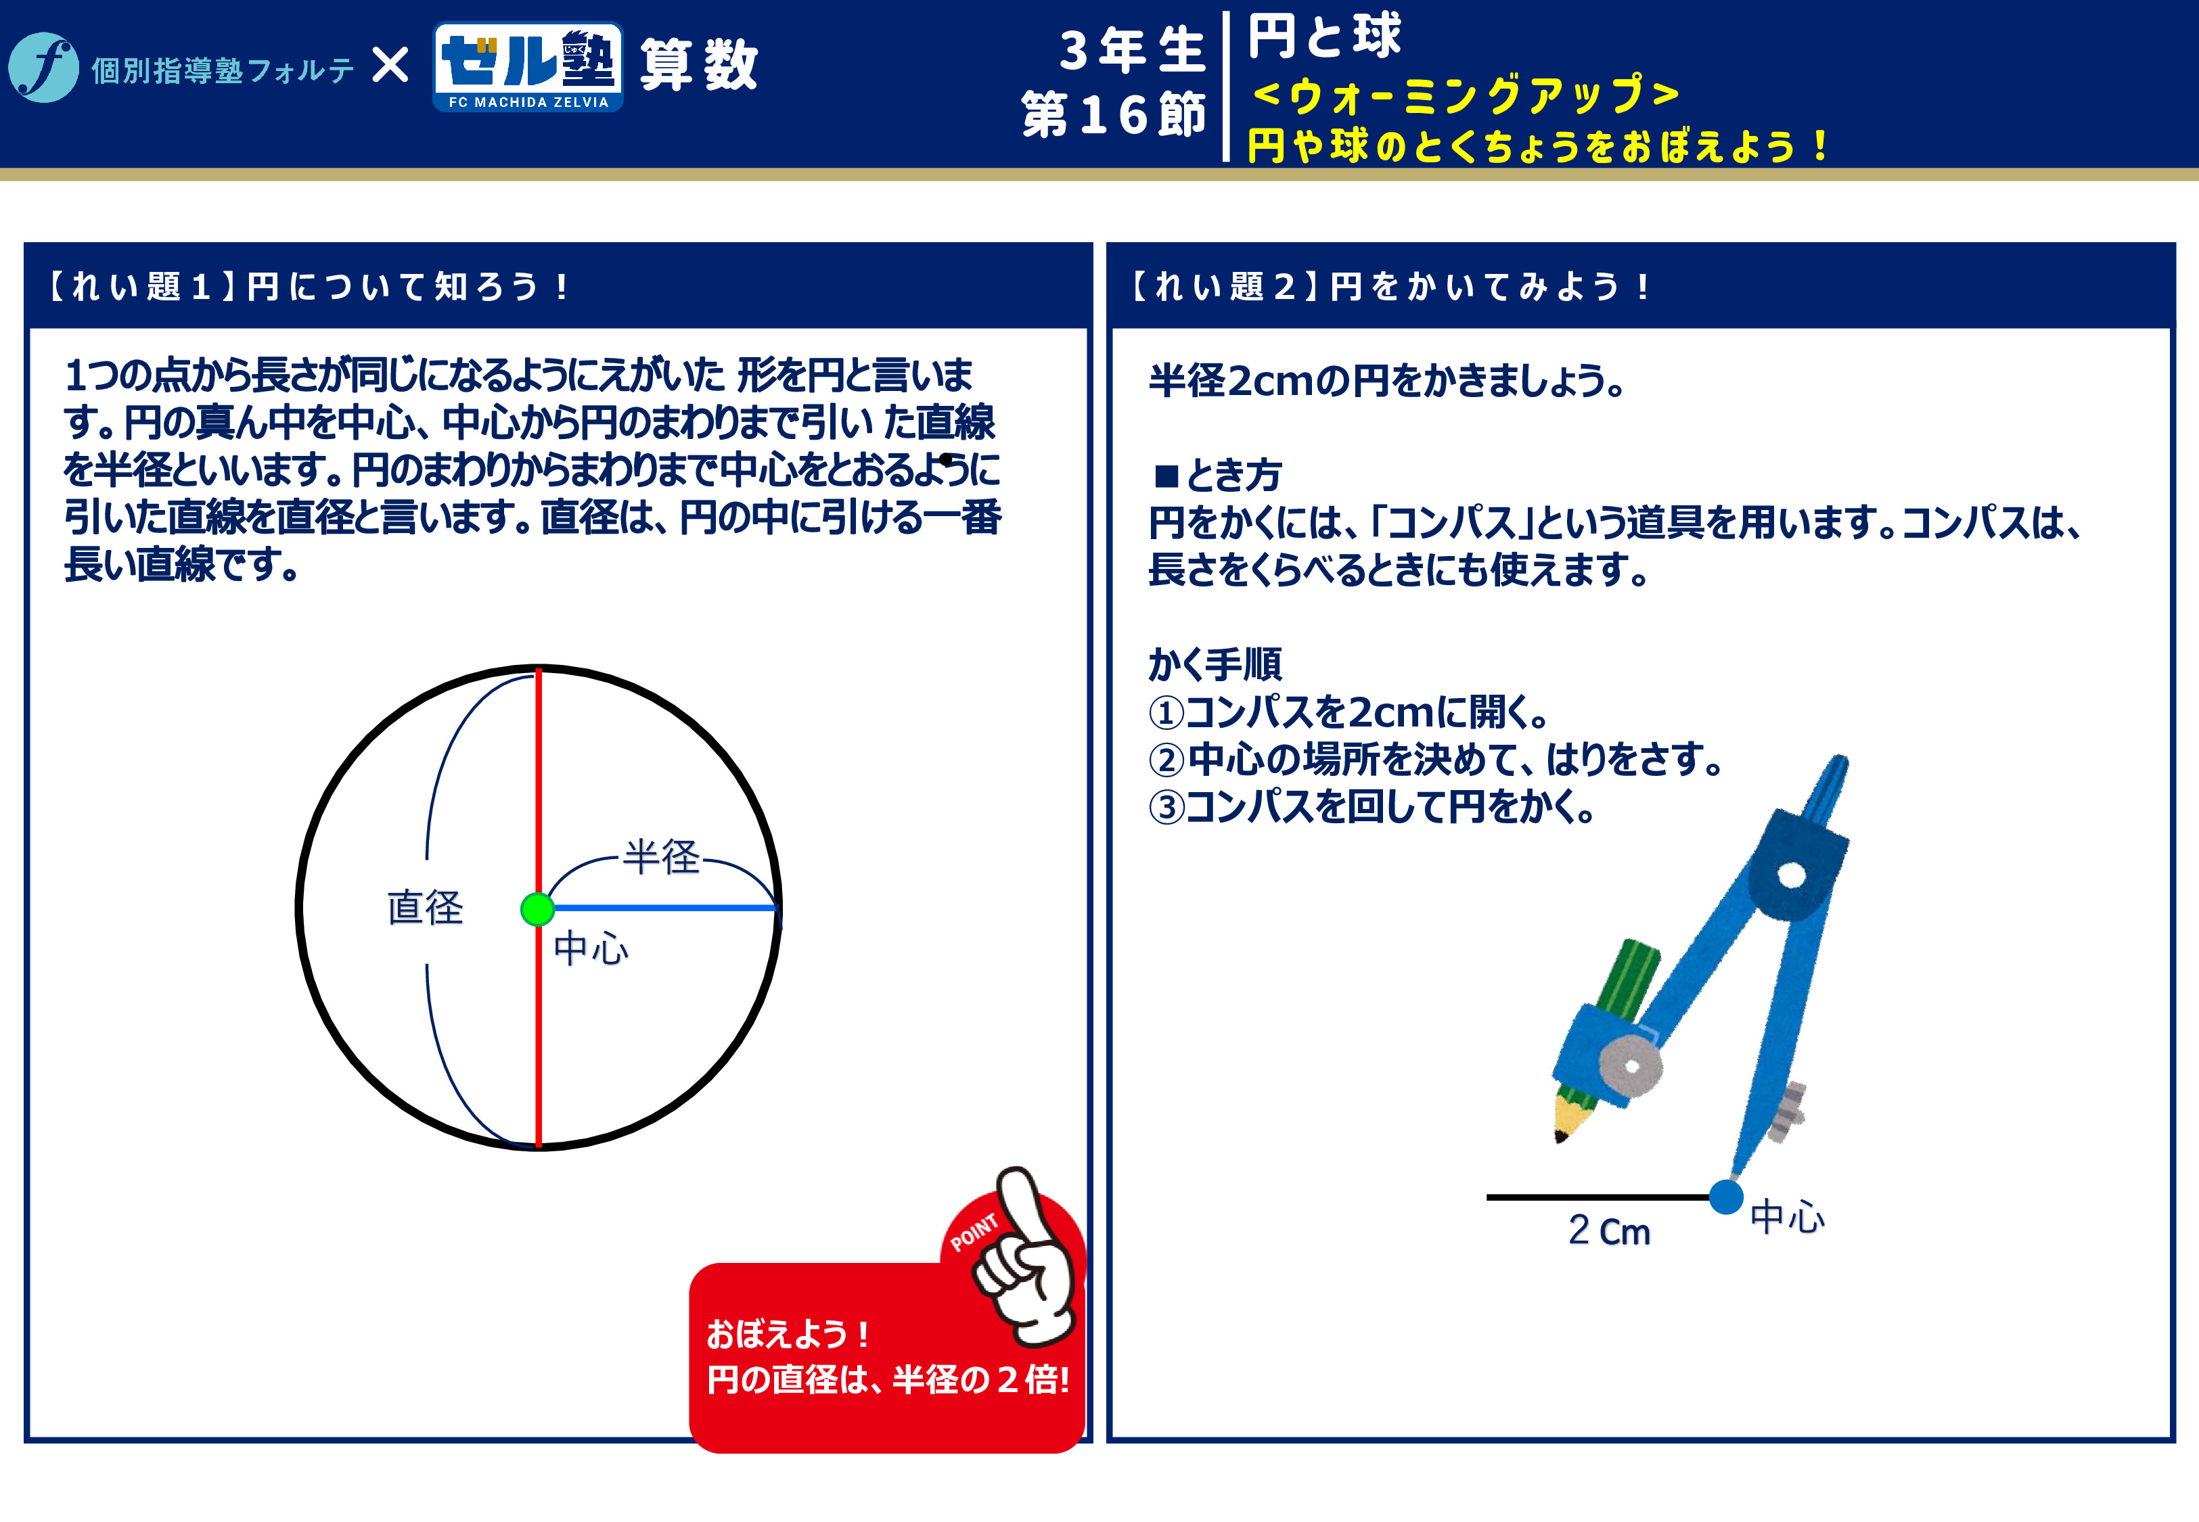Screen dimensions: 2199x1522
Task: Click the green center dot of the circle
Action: [x=538, y=909]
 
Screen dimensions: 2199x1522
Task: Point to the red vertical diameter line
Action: [x=539, y=907]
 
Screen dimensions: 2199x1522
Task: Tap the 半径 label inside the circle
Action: [x=662, y=856]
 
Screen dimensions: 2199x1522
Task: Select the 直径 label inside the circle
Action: [x=426, y=907]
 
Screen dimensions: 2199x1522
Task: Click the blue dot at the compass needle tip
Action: [x=1726, y=1197]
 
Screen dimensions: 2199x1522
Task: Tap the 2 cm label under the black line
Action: [x=1609, y=1230]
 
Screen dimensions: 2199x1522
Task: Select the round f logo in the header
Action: [x=43, y=68]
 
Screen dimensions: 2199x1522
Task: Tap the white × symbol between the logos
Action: [x=390, y=66]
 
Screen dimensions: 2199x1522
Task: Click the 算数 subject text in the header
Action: [x=699, y=65]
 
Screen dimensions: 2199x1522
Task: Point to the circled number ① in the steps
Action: [x=1165, y=712]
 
